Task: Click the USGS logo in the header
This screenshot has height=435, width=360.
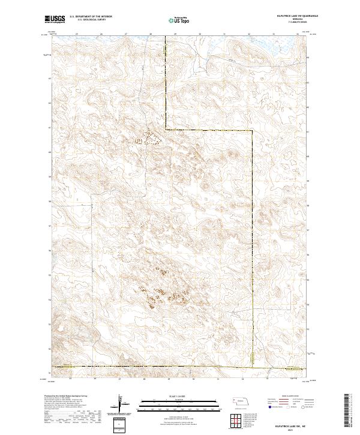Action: click(x=55, y=19)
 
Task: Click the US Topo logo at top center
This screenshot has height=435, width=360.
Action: click(x=179, y=20)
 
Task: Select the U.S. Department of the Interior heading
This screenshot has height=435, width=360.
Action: click(x=91, y=17)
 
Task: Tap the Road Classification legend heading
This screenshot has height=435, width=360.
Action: click(x=287, y=397)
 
